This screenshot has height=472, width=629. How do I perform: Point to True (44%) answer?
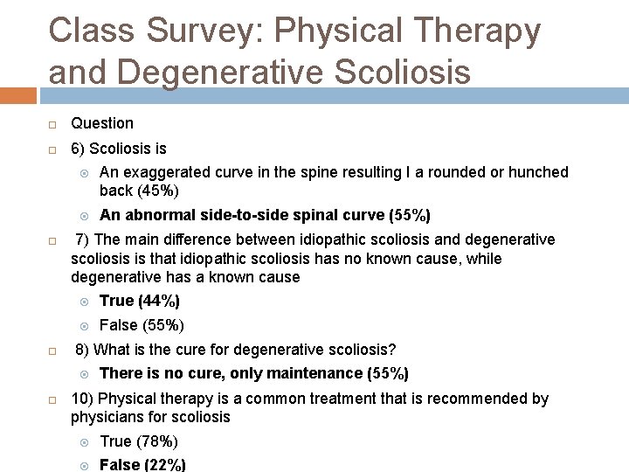[140, 301]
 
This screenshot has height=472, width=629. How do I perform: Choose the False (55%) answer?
[142, 325]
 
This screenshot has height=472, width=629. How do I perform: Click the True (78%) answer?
[139, 441]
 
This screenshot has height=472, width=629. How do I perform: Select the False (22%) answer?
[142, 465]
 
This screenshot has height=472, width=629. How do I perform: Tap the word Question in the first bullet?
[102, 123]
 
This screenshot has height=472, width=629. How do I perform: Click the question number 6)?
[79, 149]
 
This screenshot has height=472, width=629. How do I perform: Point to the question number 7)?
[84, 239]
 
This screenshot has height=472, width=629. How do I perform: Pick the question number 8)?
[84, 350]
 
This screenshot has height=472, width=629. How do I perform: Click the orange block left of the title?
[18, 94]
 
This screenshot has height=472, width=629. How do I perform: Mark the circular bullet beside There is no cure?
[85, 374]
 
